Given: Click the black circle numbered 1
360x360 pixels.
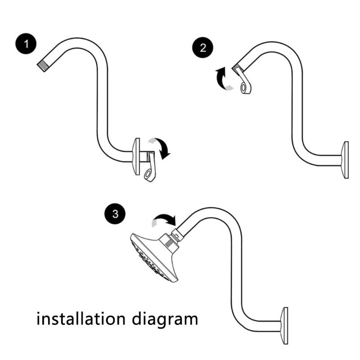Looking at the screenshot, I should point(28,45).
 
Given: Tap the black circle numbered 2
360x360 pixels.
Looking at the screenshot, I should point(203,48).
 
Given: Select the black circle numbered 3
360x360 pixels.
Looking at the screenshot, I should point(115,213).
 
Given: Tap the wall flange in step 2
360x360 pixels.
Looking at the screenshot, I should point(346,160).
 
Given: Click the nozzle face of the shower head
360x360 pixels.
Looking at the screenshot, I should point(146,261).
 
